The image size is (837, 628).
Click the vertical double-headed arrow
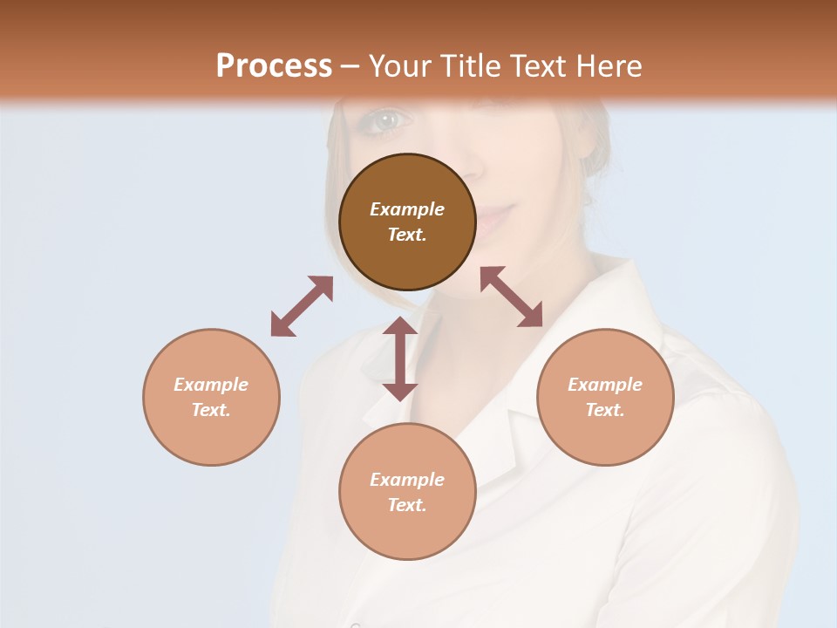(x=400, y=358)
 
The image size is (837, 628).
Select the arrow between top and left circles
(x=302, y=306)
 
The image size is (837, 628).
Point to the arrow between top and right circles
(x=511, y=297)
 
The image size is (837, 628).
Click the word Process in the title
(x=274, y=65)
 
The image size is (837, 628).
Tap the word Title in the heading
(x=473, y=65)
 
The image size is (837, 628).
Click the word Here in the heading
(x=610, y=65)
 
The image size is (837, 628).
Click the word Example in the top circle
(x=407, y=209)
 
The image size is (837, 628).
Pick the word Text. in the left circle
(x=211, y=410)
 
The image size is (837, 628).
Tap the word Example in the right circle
(x=605, y=385)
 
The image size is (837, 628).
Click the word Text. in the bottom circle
(x=407, y=505)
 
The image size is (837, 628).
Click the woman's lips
(x=493, y=216)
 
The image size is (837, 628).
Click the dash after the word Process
(x=350, y=66)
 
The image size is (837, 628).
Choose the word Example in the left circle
(x=211, y=385)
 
